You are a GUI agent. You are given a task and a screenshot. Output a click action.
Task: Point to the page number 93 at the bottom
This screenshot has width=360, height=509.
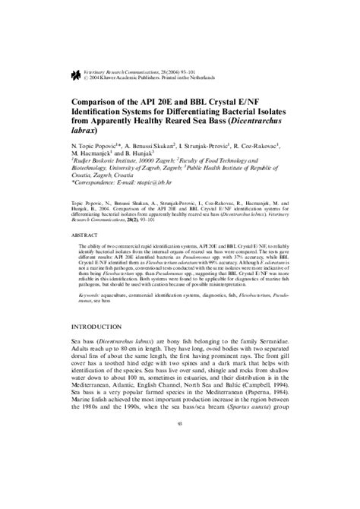179,488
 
